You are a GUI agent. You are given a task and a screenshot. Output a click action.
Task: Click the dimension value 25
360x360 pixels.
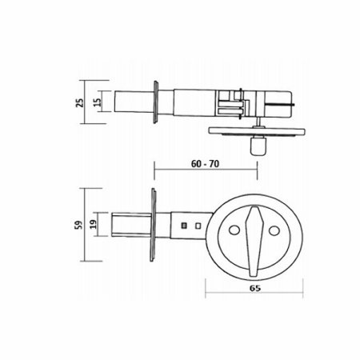(x=80, y=102)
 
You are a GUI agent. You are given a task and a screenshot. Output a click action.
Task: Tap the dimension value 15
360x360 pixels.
(x=98, y=102)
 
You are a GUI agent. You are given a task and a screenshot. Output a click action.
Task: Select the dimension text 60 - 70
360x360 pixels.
(x=205, y=164)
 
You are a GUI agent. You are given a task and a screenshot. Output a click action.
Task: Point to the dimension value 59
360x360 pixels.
(x=79, y=225)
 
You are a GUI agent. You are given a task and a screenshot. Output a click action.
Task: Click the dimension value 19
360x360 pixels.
(x=93, y=224)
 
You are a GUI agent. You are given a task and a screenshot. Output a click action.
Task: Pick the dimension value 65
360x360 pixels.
(x=255, y=288)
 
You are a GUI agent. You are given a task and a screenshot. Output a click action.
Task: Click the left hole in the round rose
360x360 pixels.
(x=234, y=230)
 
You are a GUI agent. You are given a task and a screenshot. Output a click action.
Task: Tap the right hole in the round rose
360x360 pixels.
(x=274, y=230)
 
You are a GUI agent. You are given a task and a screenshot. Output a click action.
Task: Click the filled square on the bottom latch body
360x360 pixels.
(x=184, y=226)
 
